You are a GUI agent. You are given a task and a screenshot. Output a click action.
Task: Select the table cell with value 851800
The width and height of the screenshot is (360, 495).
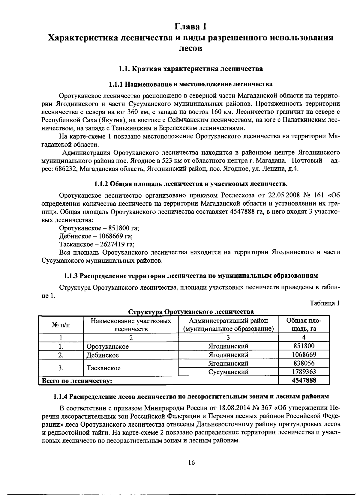click(304, 346)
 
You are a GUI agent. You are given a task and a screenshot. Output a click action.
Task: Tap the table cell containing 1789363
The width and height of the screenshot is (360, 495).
click(304, 372)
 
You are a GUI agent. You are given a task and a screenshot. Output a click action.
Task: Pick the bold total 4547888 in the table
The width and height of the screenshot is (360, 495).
click(304, 380)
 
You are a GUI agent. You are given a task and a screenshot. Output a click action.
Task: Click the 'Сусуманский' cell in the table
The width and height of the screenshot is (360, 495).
click(228, 372)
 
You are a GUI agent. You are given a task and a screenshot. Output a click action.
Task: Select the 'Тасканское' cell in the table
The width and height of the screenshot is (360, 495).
click(103, 368)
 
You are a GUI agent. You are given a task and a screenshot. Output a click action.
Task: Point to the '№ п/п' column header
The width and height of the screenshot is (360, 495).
click(61, 325)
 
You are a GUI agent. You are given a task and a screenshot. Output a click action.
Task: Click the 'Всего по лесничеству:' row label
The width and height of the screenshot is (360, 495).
click(77, 381)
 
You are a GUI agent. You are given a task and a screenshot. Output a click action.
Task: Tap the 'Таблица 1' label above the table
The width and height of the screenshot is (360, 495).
click(325, 303)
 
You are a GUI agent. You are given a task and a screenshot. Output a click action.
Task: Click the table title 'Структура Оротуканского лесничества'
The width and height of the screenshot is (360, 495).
click(191, 312)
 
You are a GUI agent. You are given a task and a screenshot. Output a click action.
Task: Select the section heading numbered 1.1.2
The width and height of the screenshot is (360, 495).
click(191, 183)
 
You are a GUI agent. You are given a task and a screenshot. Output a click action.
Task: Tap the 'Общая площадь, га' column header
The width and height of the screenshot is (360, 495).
click(304, 325)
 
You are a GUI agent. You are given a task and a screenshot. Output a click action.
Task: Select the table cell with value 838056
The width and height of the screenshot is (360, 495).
click(304, 363)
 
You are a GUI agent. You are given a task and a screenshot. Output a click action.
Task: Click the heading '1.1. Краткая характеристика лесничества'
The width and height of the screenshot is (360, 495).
click(191, 69)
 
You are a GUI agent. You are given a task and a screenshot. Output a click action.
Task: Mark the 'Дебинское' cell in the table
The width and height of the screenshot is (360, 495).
click(103, 355)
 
